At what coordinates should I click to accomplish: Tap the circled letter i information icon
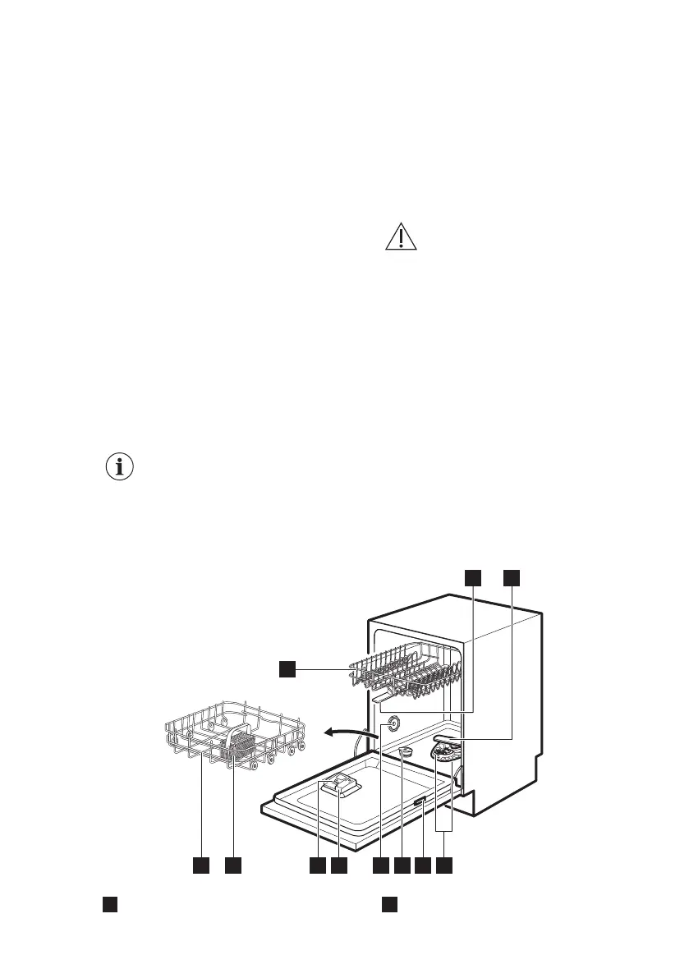(x=121, y=467)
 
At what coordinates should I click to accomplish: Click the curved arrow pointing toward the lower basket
(x=346, y=730)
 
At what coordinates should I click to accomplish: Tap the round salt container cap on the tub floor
(x=405, y=751)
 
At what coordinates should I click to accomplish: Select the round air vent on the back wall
(x=392, y=723)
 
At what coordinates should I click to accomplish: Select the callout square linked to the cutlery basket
(x=233, y=866)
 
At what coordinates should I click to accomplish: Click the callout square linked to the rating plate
(x=423, y=866)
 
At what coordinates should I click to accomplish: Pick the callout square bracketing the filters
(x=444, y=866)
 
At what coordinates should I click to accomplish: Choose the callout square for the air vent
(x=380, y=866)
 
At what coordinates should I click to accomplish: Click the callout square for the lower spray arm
(x=512, y=577)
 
